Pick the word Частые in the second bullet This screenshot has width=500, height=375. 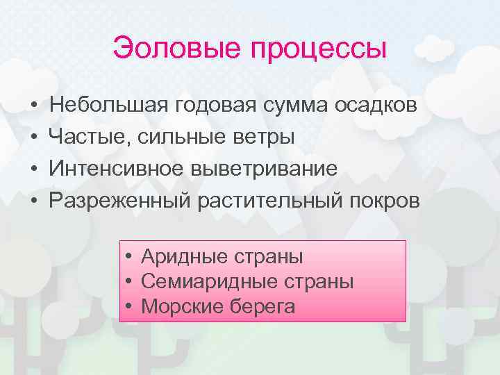click(x=85, y=137)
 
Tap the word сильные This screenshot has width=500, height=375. click(x=173, y=137)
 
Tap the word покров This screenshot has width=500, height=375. click(x=387, y=201)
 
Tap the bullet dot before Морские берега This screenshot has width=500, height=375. click(x=130, y=307)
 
